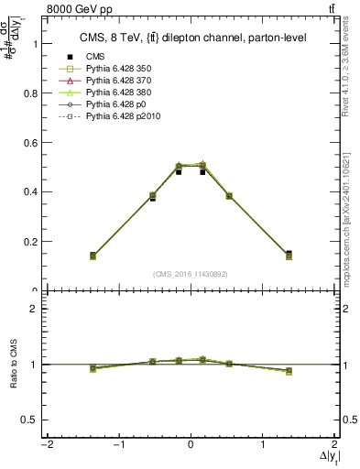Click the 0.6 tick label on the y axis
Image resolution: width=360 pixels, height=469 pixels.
click(29, 142)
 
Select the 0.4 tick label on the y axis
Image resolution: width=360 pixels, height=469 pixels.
click(29, 191)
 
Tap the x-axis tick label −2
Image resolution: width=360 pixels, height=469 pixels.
click(45, 445)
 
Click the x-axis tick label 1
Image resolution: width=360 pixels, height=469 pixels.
click(264, 445)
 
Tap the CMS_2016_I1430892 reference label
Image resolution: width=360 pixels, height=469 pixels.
click(191, 273)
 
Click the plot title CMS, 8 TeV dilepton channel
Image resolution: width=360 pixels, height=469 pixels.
click(191, 38)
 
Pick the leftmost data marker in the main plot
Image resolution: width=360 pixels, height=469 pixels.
click(118, 256)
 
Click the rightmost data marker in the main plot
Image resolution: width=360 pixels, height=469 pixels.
click(264, 255)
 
